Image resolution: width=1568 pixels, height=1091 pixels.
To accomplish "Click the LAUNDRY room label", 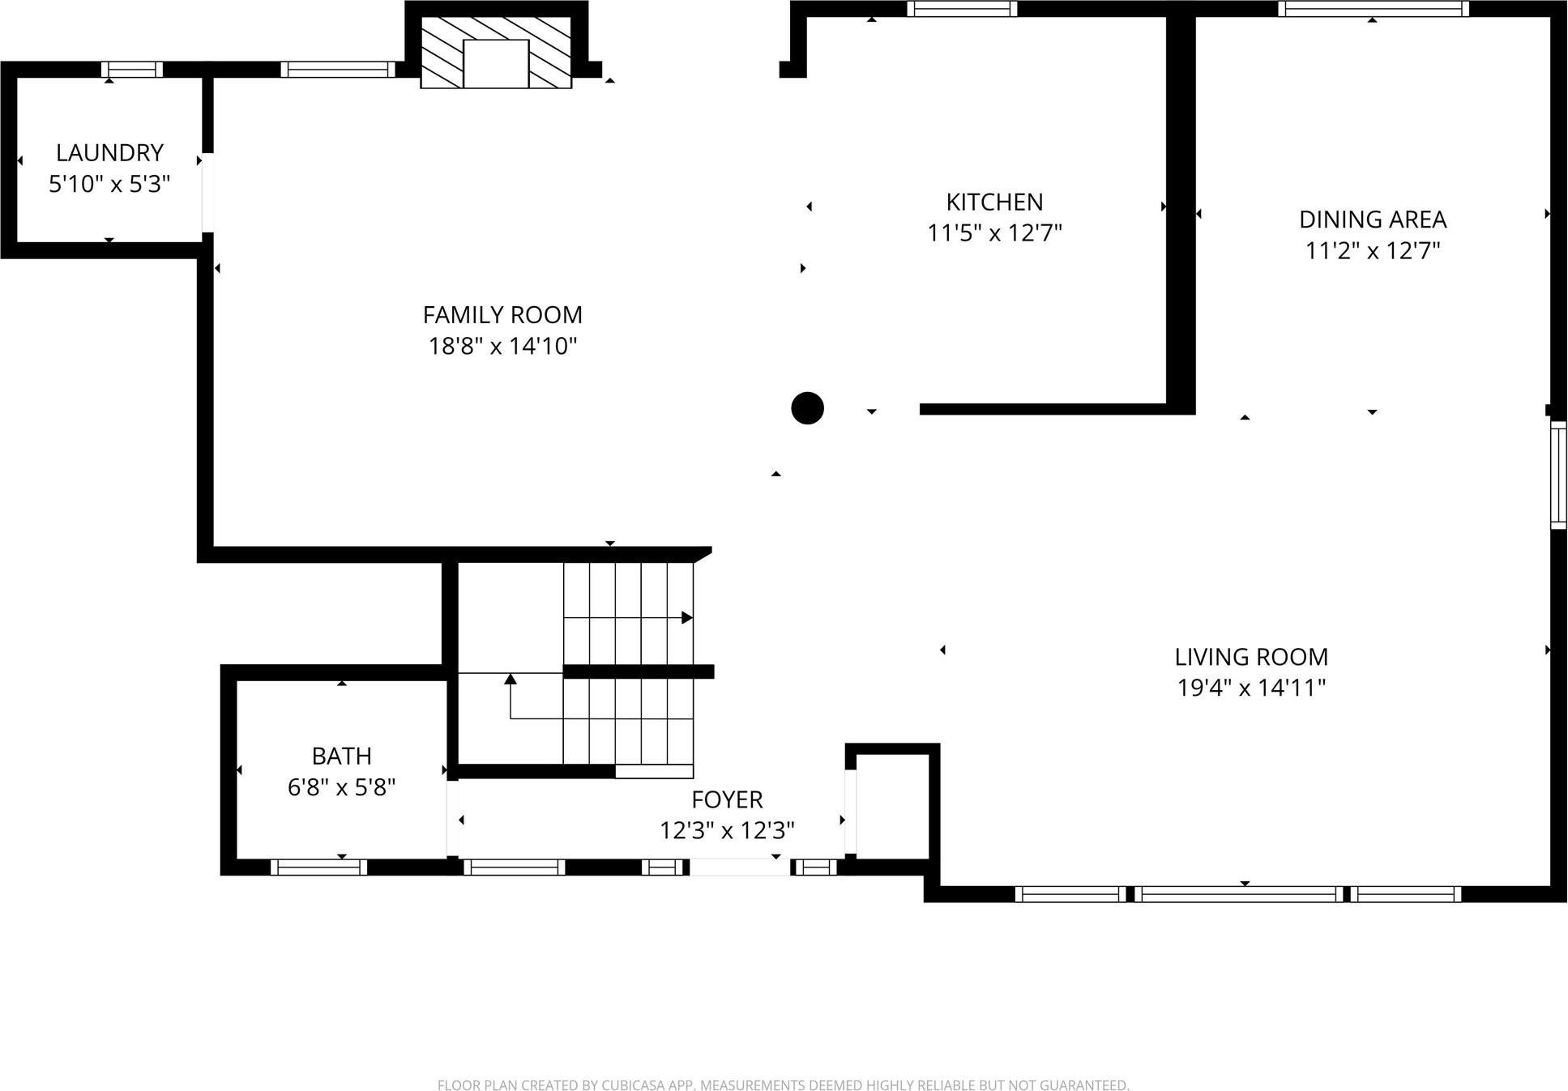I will [109, 152].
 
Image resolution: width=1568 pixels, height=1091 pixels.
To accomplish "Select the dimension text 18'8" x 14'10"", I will [502, 347].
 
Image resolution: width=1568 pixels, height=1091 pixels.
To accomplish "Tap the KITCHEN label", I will [994, 202].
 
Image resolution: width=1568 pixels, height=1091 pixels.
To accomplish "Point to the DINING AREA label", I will [1372, 219].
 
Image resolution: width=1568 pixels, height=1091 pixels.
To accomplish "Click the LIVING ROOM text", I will [1251, 657].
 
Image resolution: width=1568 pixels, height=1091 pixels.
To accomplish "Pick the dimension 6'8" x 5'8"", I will [341, 787].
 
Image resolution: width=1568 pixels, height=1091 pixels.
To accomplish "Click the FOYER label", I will [727, 799].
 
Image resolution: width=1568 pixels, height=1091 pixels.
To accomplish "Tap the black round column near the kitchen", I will [807, 408].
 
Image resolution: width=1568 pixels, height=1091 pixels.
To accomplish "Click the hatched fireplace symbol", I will [496, 52].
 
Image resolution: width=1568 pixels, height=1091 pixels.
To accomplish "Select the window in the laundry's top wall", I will [132, 70].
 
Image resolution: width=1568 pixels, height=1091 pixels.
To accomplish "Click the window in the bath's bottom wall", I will [318, 867].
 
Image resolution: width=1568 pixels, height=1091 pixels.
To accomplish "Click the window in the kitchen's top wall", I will [961, 9].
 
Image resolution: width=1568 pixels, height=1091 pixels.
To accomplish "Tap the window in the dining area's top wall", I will [1373, 9].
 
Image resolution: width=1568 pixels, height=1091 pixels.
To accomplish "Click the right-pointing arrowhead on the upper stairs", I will [686, 618].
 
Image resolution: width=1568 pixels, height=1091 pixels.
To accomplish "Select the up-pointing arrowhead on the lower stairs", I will [511, 679].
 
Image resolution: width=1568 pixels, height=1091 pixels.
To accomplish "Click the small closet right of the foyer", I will [892, 805].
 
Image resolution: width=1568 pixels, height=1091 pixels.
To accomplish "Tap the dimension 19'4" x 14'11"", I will [1251, 688].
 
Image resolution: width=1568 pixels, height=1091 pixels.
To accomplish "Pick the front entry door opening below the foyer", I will [740, 867].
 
